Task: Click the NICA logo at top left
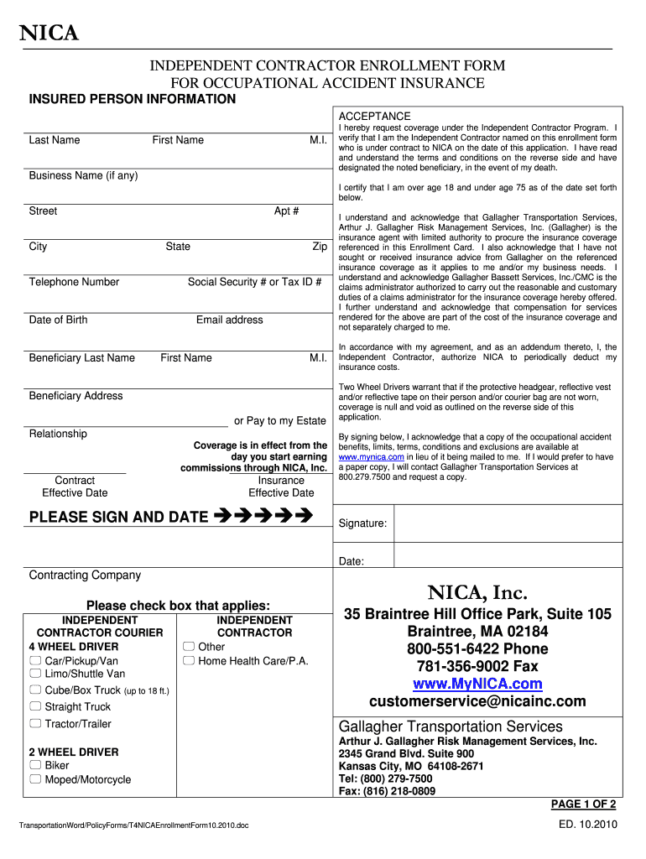coord(49,33)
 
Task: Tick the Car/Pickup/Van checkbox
coord(35,661)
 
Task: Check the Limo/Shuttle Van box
coord(35,674)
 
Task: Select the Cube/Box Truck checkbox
coord(35,690)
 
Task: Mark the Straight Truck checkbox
coord(35,706)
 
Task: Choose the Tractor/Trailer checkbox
coord(35,723)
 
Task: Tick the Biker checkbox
coord(35,765)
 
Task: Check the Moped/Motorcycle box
coord(35,779)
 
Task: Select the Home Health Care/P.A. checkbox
coord(189,661)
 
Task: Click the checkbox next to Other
coord(189,647)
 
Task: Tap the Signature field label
coord(362,523)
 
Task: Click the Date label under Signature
coord(351,561)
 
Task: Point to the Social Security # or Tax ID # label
coord(254,282)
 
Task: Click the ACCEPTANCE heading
coord(374,116)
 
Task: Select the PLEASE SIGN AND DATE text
coord(118,517)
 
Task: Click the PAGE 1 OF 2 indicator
coord(583,804)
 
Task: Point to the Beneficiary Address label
coord(76,396)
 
